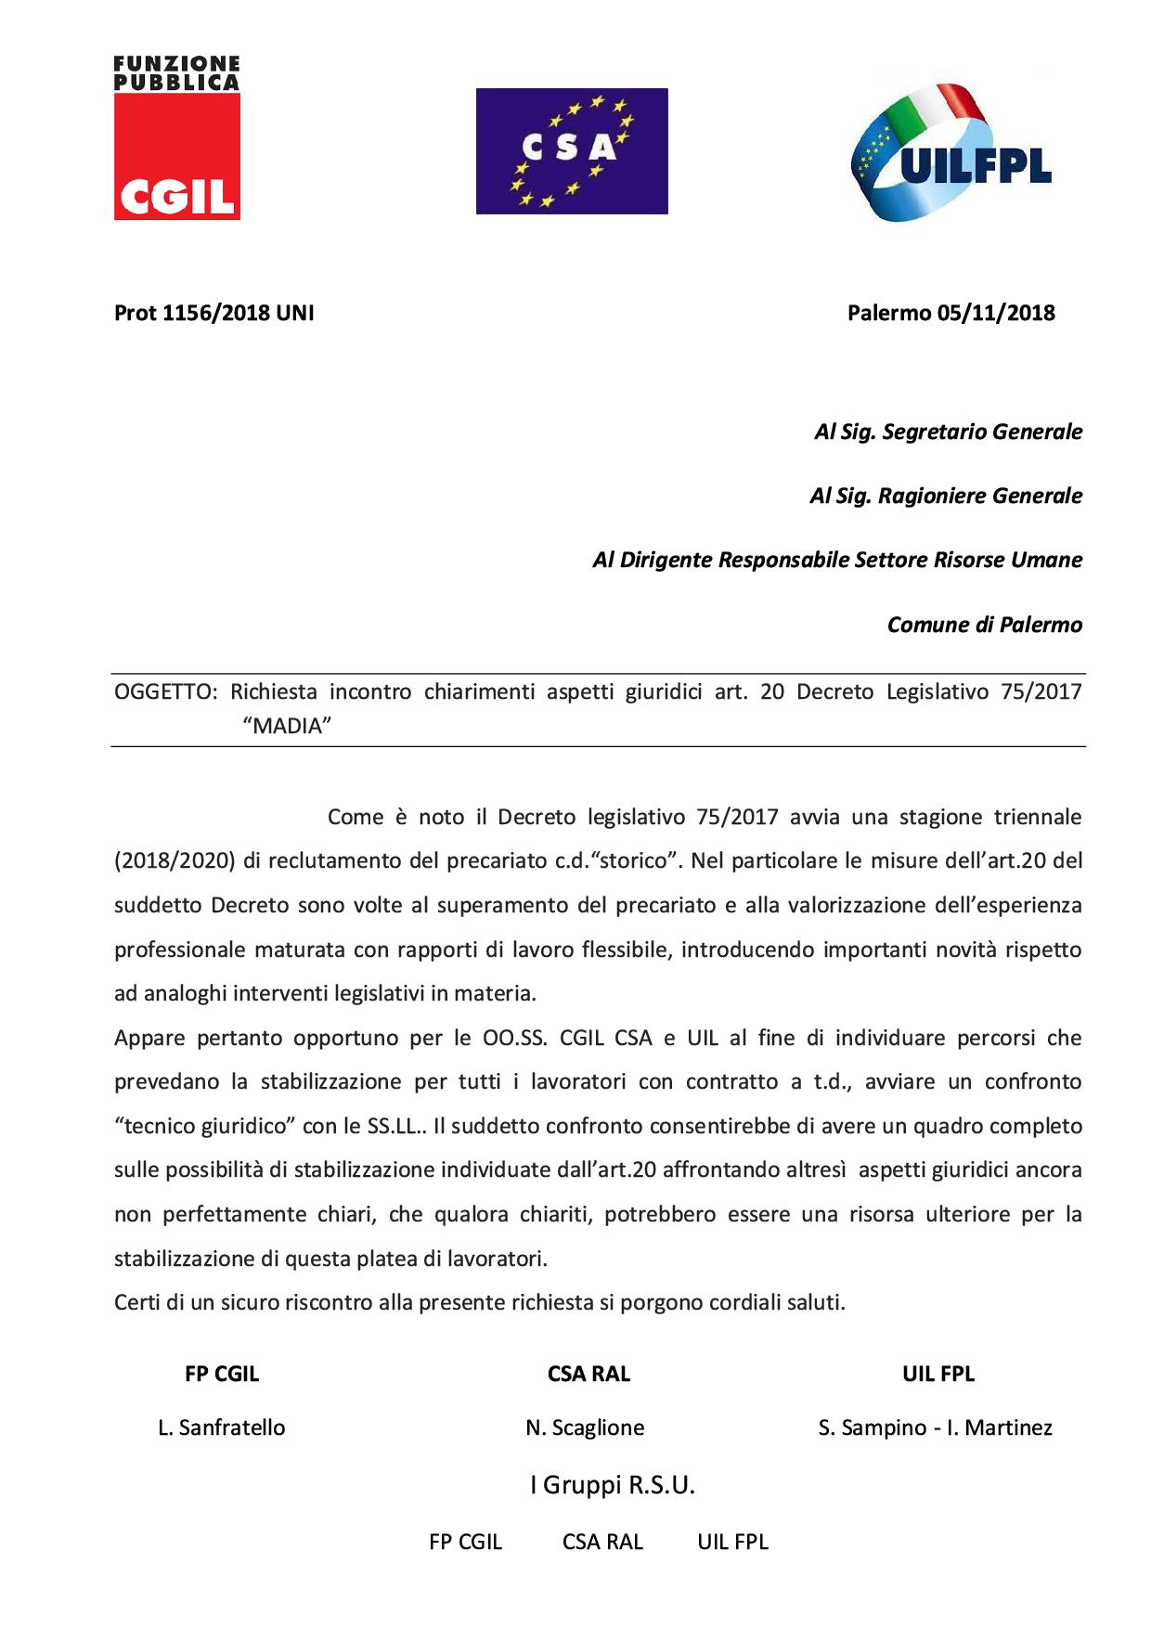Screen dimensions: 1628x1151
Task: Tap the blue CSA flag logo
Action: [x=572, y=151]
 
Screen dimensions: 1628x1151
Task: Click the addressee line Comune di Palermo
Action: [x=985, y=625]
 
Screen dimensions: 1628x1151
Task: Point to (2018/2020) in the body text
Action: [x=174, y=860]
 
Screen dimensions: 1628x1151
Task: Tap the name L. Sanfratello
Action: [x=222, y=1428]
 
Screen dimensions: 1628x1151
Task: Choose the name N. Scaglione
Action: [x=585, y=1428]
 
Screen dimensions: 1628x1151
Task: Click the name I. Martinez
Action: [x=1000, y=1428]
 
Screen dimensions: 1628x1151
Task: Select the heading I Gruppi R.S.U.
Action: [x=612, y=1486]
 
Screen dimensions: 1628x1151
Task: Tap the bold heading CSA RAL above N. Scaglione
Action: [x=588, y=1375]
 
